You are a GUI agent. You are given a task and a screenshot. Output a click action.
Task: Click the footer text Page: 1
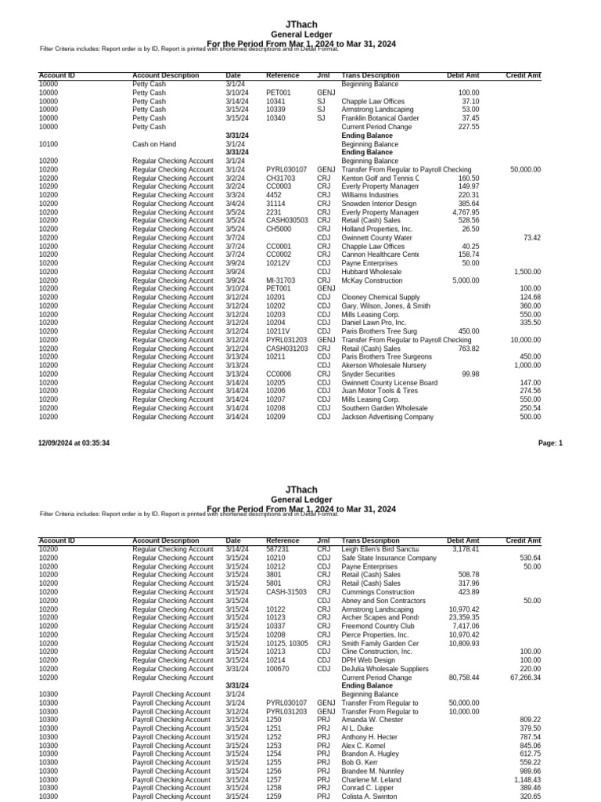point(550,443)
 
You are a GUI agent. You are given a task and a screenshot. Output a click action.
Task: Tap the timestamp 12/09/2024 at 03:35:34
point(74,443)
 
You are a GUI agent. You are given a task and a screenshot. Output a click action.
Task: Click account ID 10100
point(48,144)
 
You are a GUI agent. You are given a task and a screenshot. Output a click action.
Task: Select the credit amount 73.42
point(531,237)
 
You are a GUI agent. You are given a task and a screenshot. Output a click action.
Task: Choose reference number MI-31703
point(281,280)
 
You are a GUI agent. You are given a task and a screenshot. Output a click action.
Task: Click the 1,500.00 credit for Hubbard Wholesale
point(527,271)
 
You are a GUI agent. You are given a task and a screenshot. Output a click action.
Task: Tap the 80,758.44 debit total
point(464,677)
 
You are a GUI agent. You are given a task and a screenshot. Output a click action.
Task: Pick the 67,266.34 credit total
point(524,677)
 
